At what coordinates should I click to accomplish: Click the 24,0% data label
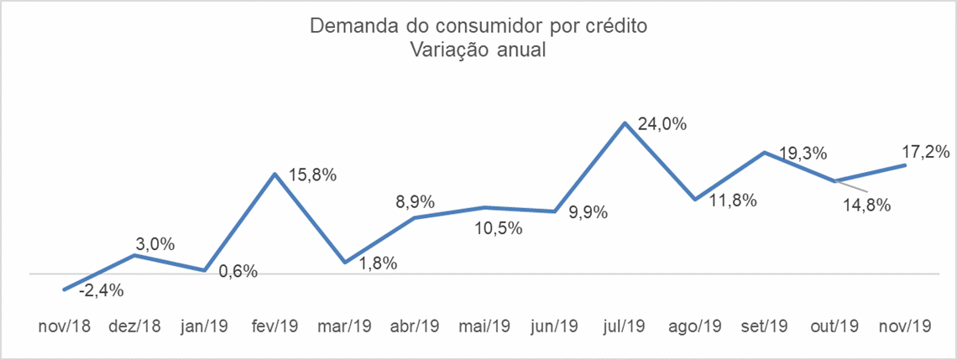point(663,124)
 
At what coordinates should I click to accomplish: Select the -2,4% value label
point(102,291)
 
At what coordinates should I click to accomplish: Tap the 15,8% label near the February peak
point(313,175)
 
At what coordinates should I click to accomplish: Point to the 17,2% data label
point(925,151)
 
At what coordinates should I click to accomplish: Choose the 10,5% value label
point(499,229)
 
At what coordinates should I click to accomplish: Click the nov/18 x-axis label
point(64,326)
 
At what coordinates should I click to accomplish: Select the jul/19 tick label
point(625,326)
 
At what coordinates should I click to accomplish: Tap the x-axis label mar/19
point(344,326)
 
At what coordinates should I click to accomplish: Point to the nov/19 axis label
point(904,326)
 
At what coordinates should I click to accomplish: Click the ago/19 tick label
point(694,326)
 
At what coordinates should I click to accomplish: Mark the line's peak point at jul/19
point(625,123)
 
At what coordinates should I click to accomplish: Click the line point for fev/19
point(275,174)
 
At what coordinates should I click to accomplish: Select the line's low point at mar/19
point(345,263)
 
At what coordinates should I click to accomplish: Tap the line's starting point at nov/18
point(64,290)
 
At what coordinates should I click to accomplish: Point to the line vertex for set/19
point(765,153)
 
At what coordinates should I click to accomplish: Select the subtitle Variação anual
point(478,50)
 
